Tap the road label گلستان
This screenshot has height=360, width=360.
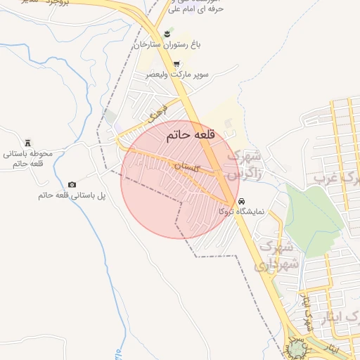coord(188,167)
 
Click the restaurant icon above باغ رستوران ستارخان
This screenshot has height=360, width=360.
coord(167,32)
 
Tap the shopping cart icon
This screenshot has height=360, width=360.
coord(176,63)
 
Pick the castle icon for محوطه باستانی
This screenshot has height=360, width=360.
coord(27,142)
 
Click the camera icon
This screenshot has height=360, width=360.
coord(72,184)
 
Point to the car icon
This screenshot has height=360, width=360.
coord(243,200)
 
